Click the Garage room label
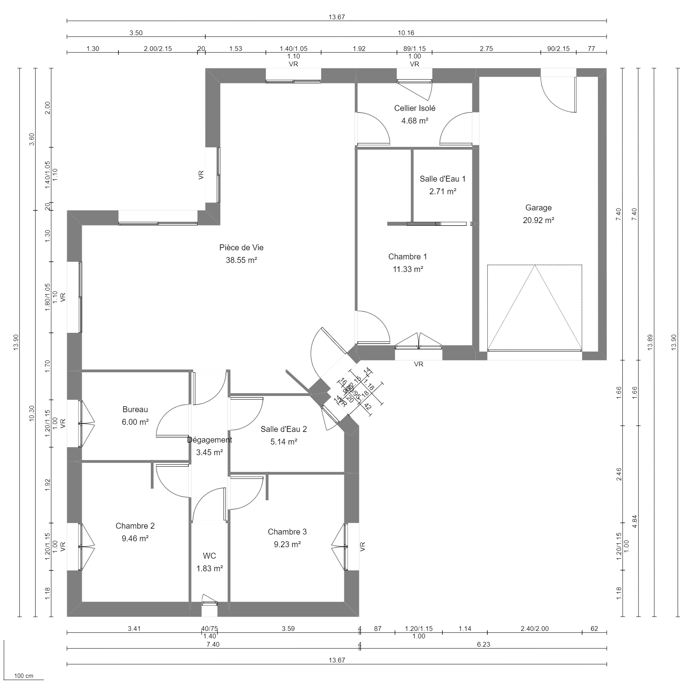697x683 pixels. point(538,208)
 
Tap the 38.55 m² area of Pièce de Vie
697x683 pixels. point(241,260)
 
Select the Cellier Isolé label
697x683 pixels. point(415,108)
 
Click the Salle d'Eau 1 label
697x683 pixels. point(442,179)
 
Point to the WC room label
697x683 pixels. point(209,556)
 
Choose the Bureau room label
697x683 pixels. point(135,409)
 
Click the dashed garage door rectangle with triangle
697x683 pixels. point(534,308)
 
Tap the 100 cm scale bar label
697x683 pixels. point(24,676)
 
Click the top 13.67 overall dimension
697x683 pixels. point(336,17)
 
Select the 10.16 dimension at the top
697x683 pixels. point(406,33)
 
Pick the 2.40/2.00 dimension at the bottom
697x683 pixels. point(534,629)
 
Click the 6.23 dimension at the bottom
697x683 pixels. point(483,645)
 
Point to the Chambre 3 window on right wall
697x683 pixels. point(346,546)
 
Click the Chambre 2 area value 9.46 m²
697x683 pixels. point(135,539)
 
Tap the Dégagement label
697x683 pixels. point(209,440)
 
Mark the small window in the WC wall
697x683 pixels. point(209,603)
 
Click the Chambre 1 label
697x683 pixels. point(408,257)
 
